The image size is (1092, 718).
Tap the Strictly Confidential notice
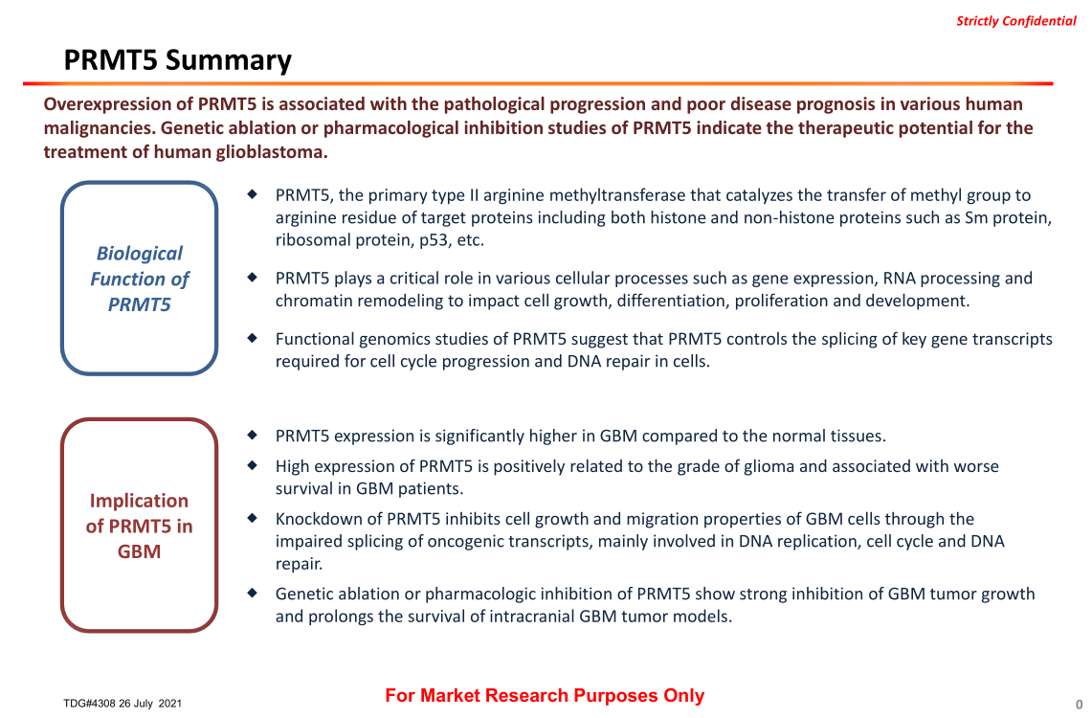1016,21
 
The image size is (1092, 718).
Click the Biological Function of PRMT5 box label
140,279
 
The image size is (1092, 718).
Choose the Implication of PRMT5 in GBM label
140,526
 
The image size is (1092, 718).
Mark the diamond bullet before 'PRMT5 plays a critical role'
253,278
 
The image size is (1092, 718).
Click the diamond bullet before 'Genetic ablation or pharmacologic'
253,593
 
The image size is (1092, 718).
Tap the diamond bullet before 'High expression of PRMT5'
253,464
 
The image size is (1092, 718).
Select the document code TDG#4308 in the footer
89,704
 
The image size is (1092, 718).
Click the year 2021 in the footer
170,704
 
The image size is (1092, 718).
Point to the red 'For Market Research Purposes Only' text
545,696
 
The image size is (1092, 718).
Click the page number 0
1079,705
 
